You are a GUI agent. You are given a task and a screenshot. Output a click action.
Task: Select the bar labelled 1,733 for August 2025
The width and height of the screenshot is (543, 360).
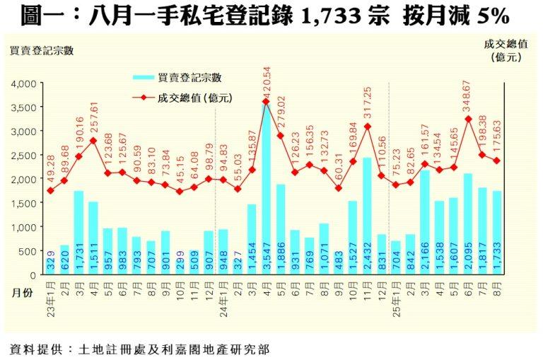click(497, 233)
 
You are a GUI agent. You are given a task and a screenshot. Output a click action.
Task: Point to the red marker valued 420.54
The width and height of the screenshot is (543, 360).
click(266, 102)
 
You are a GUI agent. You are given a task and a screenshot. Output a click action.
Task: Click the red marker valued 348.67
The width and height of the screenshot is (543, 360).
click(468, 119)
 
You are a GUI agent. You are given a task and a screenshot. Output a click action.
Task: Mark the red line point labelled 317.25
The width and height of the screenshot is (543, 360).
click(368, 127)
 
